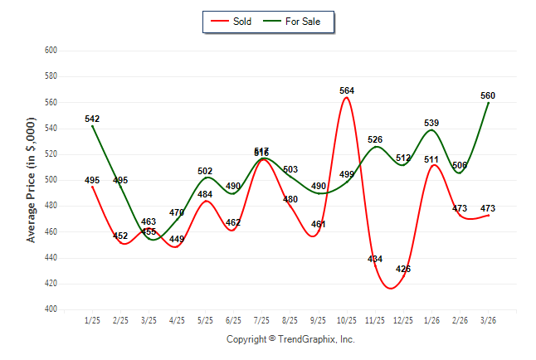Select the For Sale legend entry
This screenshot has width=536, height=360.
(295, 21)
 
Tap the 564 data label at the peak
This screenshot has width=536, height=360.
(347, 90)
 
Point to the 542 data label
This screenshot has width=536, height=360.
(92, 119)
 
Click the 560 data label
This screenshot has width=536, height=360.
(488, 95)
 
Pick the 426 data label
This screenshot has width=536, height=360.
(403, 269)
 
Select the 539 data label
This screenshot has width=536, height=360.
(431, 123)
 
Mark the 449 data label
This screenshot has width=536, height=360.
(177, 240)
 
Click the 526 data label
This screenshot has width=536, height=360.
(375, 139)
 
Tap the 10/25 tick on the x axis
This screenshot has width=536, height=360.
(347, 319)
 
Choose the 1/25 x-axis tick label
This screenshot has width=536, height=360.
(92, 319)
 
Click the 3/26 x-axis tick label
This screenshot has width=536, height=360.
(488, 319)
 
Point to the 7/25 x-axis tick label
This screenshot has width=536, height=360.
(261, 319)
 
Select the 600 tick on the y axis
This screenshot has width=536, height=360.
(51, 50)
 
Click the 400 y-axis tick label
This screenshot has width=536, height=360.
(51, 309)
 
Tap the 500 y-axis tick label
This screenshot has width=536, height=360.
(51, 179)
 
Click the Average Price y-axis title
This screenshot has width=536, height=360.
(31, 179)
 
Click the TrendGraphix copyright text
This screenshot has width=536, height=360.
(290, 339)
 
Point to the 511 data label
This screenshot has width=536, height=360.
(431, 159)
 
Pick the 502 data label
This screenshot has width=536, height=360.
(205, 171)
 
